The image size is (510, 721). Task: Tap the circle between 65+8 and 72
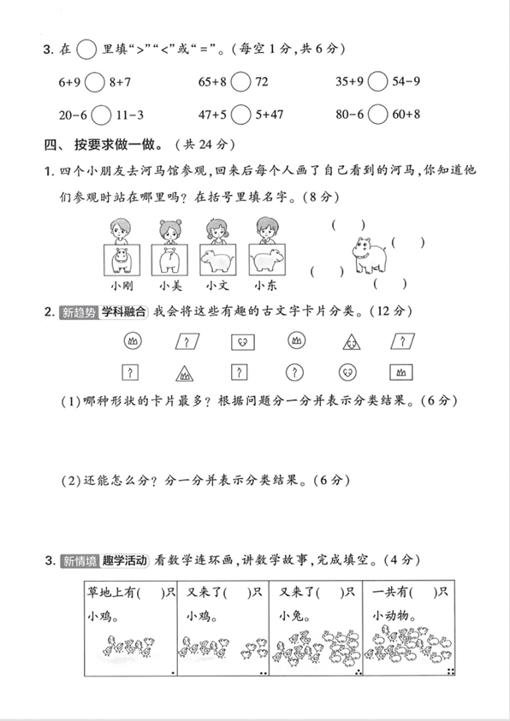(x=240, y=82)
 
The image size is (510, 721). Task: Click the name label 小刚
(x=118, y=287)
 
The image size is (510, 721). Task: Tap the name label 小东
(x=265, y=287)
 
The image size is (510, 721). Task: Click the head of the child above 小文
(x=216, y=228)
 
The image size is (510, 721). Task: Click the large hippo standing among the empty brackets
(x=368, y=253)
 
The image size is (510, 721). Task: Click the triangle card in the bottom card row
(x=184, y=373)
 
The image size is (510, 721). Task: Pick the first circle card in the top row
(x=133, y=342)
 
